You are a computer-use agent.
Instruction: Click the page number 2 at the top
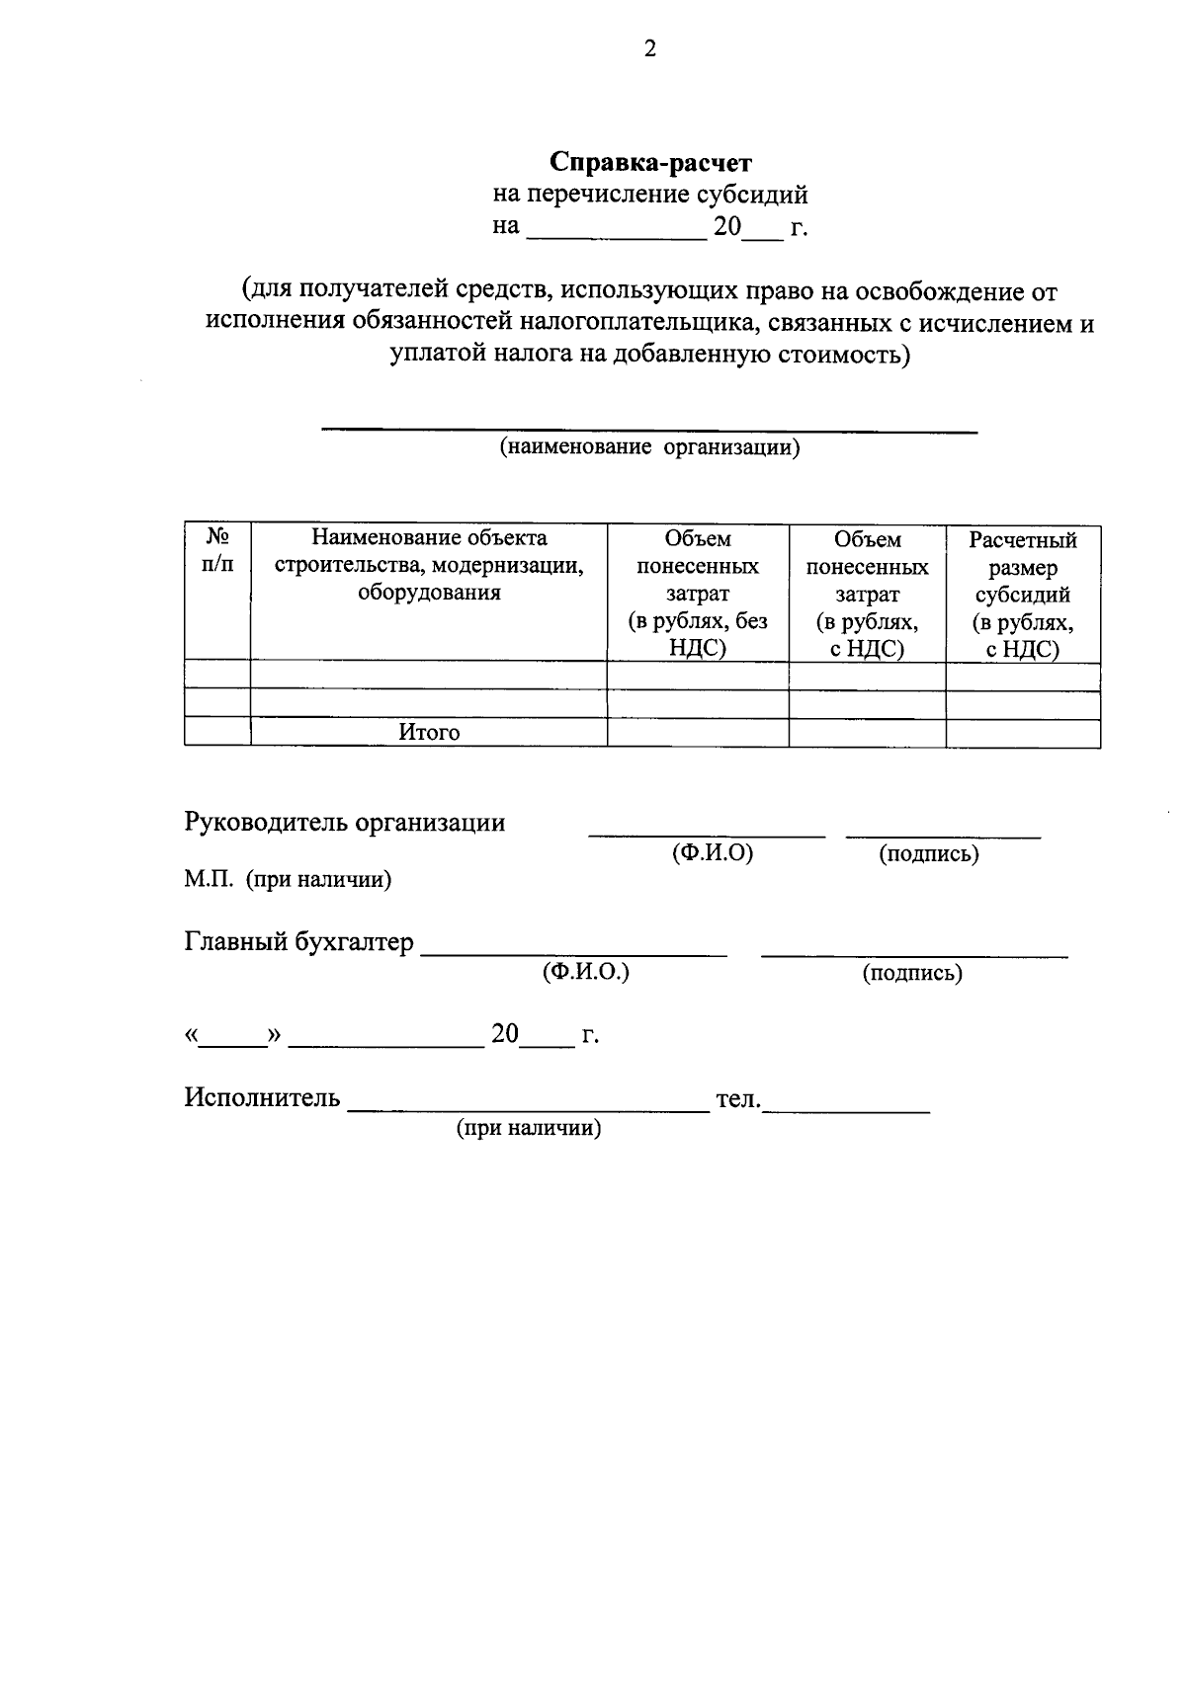(649, 49)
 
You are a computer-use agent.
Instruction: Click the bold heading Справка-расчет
(650, 161)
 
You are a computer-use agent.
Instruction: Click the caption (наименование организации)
(649, 447)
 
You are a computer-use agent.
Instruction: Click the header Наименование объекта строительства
(429, 565)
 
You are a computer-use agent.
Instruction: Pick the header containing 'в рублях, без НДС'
(698, 593)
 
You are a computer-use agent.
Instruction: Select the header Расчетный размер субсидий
(1023, 594)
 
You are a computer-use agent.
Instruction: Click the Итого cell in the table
(429, 733)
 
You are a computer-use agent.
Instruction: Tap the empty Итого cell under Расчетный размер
(1023, 733)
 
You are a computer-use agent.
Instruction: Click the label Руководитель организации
(345, 823)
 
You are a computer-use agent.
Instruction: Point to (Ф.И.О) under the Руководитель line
(712, 853)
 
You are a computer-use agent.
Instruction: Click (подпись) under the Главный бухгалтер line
(912, 974)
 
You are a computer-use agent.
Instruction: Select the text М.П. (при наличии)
(288, 879)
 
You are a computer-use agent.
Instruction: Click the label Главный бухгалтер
(299, 942)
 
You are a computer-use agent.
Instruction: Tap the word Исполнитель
(262, 1097)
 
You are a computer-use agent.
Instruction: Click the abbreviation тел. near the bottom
(737, 1098)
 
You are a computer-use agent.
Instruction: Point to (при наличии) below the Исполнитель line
(528, 1128)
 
